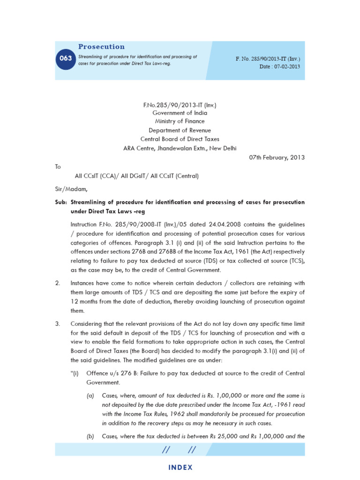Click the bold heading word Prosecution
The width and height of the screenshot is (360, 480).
coord(101,47)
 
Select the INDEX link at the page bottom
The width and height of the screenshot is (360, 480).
coord(180,467)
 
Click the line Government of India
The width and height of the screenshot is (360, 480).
coord(180,113)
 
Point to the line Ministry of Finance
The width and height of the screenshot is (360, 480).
coord(180,122)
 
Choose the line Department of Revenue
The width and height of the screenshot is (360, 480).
coord(180,130)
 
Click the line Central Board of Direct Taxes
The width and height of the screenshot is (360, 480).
coord(180,139)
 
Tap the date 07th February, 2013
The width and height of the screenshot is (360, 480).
coord(277,157)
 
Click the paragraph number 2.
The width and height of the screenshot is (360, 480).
coord(57,283)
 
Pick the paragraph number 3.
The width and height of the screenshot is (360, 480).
coord(57,324)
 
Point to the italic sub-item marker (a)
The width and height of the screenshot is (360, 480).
coord(90,396)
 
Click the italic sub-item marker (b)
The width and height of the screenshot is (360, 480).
coord(90,436)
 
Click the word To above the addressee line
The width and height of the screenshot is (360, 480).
coord(58,167)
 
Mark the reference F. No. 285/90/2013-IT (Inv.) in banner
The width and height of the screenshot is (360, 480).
coord(268,59)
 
